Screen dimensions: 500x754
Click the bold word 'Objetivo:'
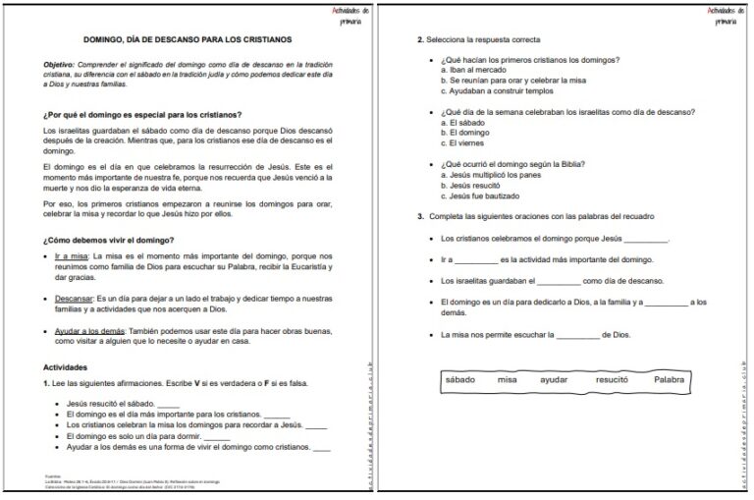tap(60, 64)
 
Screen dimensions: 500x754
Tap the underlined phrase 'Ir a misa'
tap(73, 256)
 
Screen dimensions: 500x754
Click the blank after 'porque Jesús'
tap(646, 238)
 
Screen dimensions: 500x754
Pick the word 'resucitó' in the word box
tap(612, 379)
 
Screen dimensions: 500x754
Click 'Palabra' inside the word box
tap(670, 379)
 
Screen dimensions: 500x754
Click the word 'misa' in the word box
tap(507, 379)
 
